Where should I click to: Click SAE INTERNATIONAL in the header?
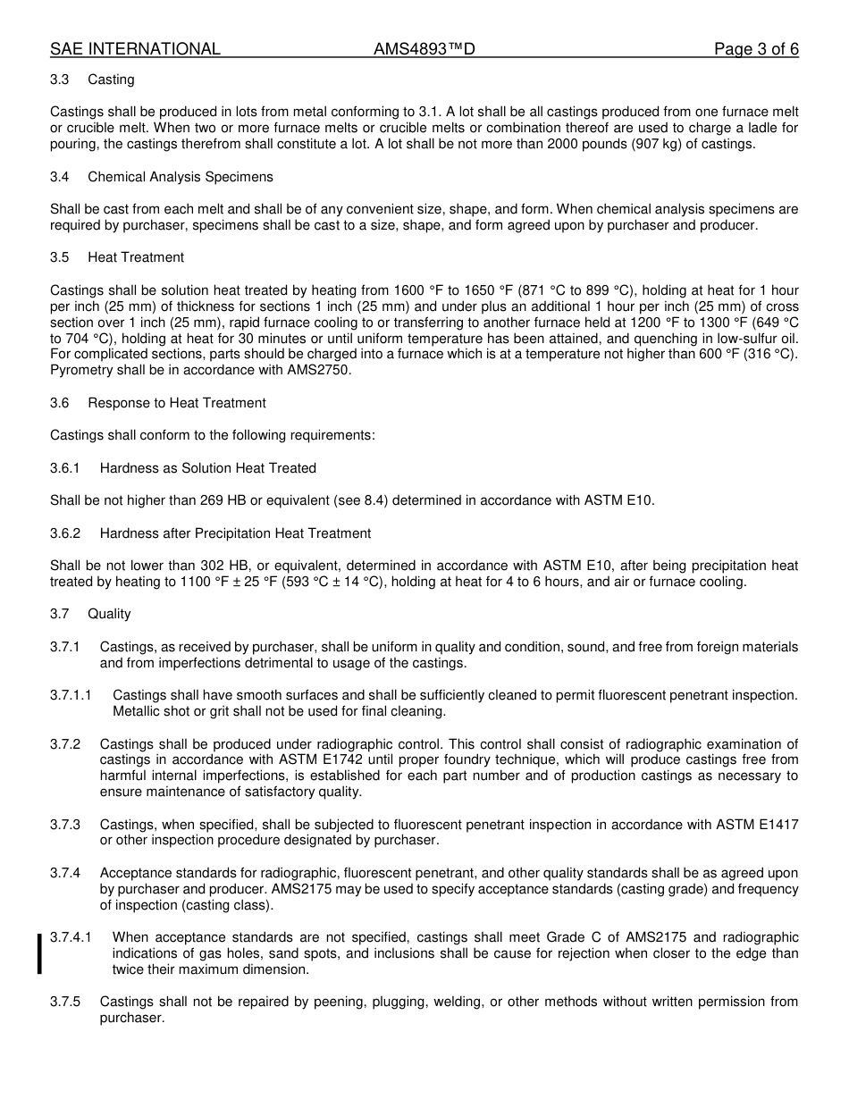pyautogui.click(x=135, y=49)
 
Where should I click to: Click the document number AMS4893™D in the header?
pyautogui.click(x=424, y=49)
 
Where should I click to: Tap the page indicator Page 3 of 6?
pyautogui.click(x=756, y=49)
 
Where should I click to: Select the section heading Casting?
pyautogui.click(x=111, y=80)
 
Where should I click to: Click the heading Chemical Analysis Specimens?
pyautogui.click(x=181, y=177)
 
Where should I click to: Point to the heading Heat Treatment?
pyautogui.click(x=136, y=257)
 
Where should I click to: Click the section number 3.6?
pyautogui.click(x=60, y=403)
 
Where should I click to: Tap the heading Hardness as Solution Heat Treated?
pyautogui.click(x=207, y=468)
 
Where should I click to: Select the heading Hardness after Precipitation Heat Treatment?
pyautogui.click(x=235, y=533)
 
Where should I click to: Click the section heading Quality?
pyautogui.click(x=109, y=614)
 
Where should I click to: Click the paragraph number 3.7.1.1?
pyautogui.click(x=71, y=695)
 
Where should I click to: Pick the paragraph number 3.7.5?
pyautogui.click(x=65, y=1003)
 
